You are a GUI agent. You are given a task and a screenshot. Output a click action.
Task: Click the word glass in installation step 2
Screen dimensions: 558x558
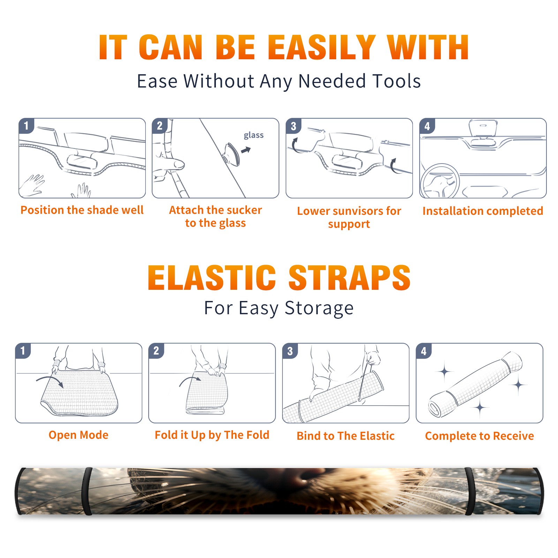(x=254, y=135)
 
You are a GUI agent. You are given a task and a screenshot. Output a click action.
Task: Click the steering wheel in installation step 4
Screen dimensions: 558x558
(x=440, y=181)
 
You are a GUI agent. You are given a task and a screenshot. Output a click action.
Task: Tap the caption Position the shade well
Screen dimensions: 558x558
(x=82, y=210)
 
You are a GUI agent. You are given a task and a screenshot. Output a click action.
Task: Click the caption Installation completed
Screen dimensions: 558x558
(x=483, y=211)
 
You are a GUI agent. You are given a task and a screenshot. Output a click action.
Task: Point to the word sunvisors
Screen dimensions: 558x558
(x=357, y=211)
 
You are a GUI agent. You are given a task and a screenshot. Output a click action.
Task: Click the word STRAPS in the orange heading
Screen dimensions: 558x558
(x=349, y=278)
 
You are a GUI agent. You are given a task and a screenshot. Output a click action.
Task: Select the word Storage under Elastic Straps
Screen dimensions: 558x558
(x=319, y=308)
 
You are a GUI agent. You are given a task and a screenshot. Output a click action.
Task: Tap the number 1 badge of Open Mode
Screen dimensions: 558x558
(x=23, y=350)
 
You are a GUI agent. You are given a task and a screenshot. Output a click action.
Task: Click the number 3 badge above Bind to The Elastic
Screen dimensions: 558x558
(x=290, y=351)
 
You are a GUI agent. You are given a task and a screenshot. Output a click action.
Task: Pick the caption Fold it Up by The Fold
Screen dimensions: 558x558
(x=212, y=435)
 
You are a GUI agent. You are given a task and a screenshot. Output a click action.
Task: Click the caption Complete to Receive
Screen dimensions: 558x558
(x=480, y=436)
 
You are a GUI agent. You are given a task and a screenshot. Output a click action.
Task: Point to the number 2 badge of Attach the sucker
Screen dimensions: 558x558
(x=160, y=126)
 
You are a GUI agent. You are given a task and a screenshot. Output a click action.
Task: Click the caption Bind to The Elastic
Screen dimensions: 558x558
(x=346, y=436)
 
